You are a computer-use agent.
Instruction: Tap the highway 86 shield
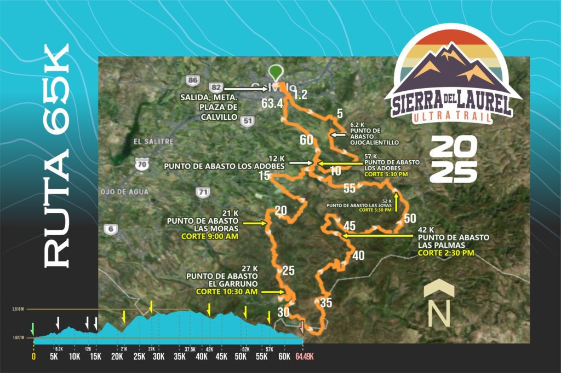pos(192,80)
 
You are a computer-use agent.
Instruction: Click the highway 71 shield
pos(203,192)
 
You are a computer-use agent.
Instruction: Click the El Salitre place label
pos(153,141)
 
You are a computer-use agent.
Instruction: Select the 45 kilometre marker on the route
pos(349,226)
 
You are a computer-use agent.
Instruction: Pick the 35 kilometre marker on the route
pos(326,302)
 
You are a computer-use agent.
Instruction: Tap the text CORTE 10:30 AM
pos(227,292)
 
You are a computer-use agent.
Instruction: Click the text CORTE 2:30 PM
pos(448,254)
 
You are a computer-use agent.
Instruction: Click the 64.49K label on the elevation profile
pos(308,357)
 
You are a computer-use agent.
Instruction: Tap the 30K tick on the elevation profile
pos(158,357)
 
